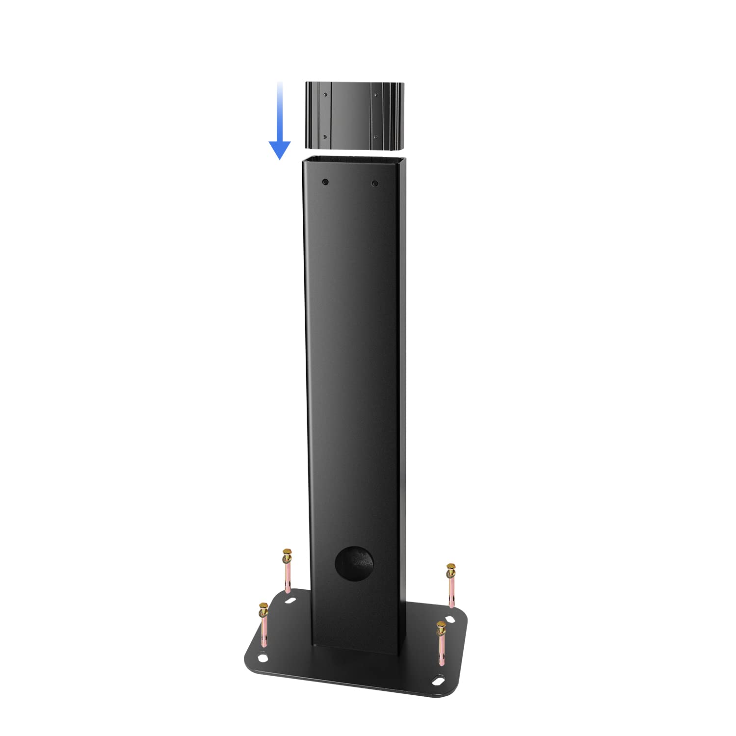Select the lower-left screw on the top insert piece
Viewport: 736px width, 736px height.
(x=324, y=136)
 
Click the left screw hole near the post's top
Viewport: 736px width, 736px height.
(x=325, y=183)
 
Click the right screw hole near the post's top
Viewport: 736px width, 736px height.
(x=375, y=184)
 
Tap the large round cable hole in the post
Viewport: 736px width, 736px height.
(x=354, y=563)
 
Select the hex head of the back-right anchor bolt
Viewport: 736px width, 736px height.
(x=450, y=570)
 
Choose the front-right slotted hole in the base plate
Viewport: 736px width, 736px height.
(x=436, y=680)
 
